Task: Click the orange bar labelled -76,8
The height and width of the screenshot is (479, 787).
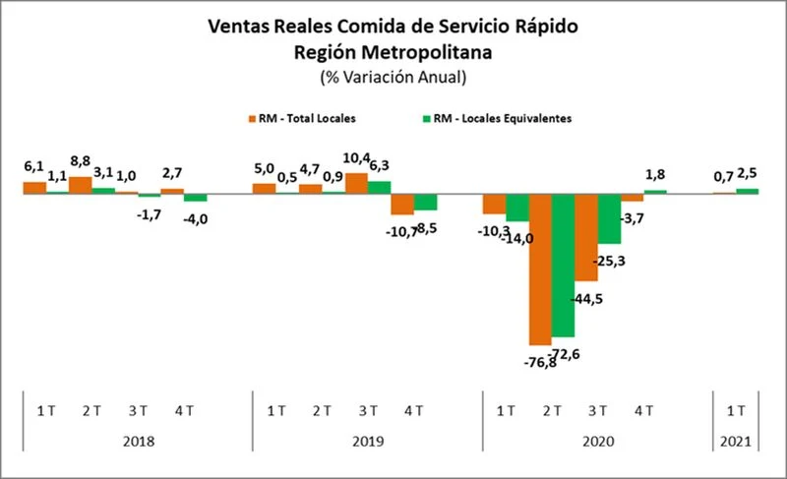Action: pyautogui.click(x=540, y=268)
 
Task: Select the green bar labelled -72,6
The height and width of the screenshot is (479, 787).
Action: pyautogui.click(x=563, y=266)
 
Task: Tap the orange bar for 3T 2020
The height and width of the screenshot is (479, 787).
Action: pyautogui.click(x=585, y=237)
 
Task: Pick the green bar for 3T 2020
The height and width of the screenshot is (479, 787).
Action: pyautogui.click(x=609, y=218)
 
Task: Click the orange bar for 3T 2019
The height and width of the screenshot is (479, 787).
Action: pyautogui.click(x=356, y=184)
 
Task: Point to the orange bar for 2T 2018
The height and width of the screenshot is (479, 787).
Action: pyautogui.click(x=81, y=185)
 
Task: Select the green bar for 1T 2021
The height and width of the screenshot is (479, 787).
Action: pyautogui.click(x=748, y=191)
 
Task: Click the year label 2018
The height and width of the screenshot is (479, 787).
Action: pyautogui.click(x=138, y=443)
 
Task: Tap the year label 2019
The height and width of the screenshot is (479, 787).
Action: pyautogui.click(x=367, y=443)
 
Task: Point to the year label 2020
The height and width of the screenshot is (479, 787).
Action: pyautogui.click(x=596, y=443)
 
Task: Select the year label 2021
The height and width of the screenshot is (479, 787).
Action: pyautogui.click(x=734, y=443)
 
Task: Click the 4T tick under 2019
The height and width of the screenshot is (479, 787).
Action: pyautogui.click(x=414, y=410)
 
